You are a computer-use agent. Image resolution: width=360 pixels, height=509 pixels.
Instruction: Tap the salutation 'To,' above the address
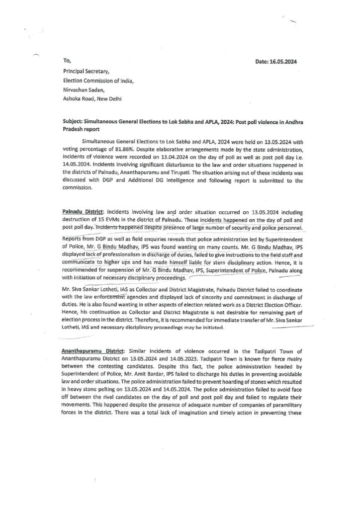[67, 61]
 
